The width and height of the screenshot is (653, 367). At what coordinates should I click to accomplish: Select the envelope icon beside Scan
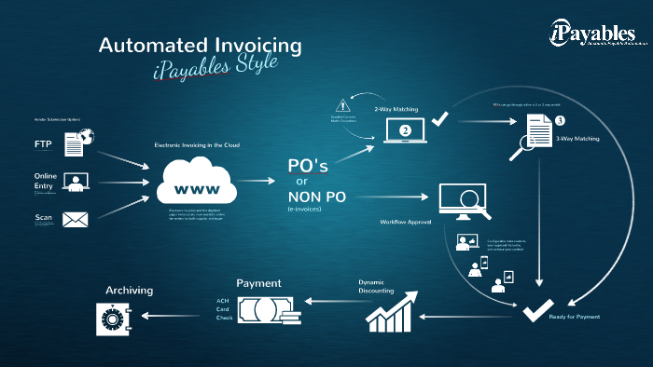pyautogui.click(x=75, y=221)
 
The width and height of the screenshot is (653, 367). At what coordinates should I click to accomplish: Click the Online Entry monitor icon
pyautogui.click(x=75, y=182)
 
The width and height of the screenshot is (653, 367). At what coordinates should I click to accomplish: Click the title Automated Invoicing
pyautogui.click(x=200, y=45)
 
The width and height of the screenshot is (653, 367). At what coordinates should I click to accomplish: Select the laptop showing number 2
pyautogui.click(x=405, y=131)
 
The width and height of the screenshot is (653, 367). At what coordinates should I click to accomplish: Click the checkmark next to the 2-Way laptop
pyautogui.click(x=440, y=120)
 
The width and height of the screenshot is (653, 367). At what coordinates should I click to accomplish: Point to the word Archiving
pyautogui.click(x=129, y=291)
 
